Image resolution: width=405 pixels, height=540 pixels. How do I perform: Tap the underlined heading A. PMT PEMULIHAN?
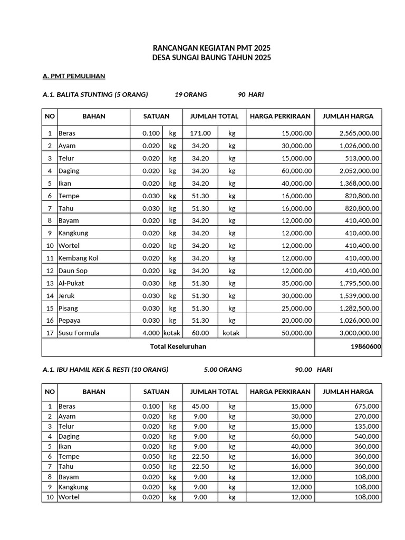pyautogui.click(x=74, y=76)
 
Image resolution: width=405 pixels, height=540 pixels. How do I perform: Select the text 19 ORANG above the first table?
pyautogui.click(x=191, y=95)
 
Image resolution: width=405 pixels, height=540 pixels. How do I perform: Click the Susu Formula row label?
pyautogui.click(x=79, y=333)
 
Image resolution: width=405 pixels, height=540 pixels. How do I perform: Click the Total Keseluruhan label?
pyautogui.click(x=178, y=347)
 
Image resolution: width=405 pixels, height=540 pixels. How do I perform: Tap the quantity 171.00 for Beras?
pyautogui.click(x=200, y=133)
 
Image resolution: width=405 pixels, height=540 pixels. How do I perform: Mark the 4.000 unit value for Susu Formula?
pyautogui.click(x=151, y=333)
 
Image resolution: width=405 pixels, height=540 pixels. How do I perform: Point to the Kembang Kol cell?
pyautogui.click(x=79, y=258)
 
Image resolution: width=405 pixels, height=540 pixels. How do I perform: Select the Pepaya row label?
pyautogui.click(x=70, y=321)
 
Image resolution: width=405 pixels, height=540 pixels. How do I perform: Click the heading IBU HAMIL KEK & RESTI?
pyautogui.click(x=105, y=370)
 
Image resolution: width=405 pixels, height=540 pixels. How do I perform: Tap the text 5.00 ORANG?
pyautogui.click(x=223, y=370)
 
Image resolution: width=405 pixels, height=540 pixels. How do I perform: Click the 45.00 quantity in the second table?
pyautogui.click(x=200, y=407)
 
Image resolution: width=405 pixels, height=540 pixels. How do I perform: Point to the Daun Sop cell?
pyautogui.click(x=73, y=271)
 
